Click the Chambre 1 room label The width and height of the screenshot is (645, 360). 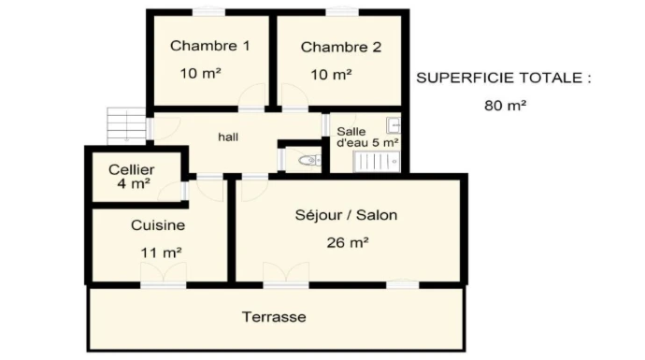209,46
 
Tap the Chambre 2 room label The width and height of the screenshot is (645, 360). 341,47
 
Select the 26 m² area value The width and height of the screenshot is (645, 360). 348,243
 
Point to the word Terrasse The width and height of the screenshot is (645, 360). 274,317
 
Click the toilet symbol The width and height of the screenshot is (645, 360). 309,160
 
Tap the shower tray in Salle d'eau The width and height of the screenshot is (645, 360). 377,161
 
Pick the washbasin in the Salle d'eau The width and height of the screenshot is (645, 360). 394,124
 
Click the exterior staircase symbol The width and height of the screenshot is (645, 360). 126,126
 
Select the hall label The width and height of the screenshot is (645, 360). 228,137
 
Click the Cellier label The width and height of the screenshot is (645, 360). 132,169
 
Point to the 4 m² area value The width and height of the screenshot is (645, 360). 134,183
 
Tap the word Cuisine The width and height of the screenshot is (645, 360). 158,225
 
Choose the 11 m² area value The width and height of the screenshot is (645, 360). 161,252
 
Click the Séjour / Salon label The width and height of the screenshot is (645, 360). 346,215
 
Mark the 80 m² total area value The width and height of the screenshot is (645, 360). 505,106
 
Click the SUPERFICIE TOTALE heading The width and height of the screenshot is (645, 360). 504,78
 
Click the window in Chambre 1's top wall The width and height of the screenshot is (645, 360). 209,11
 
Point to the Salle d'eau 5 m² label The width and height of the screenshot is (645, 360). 367,137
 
